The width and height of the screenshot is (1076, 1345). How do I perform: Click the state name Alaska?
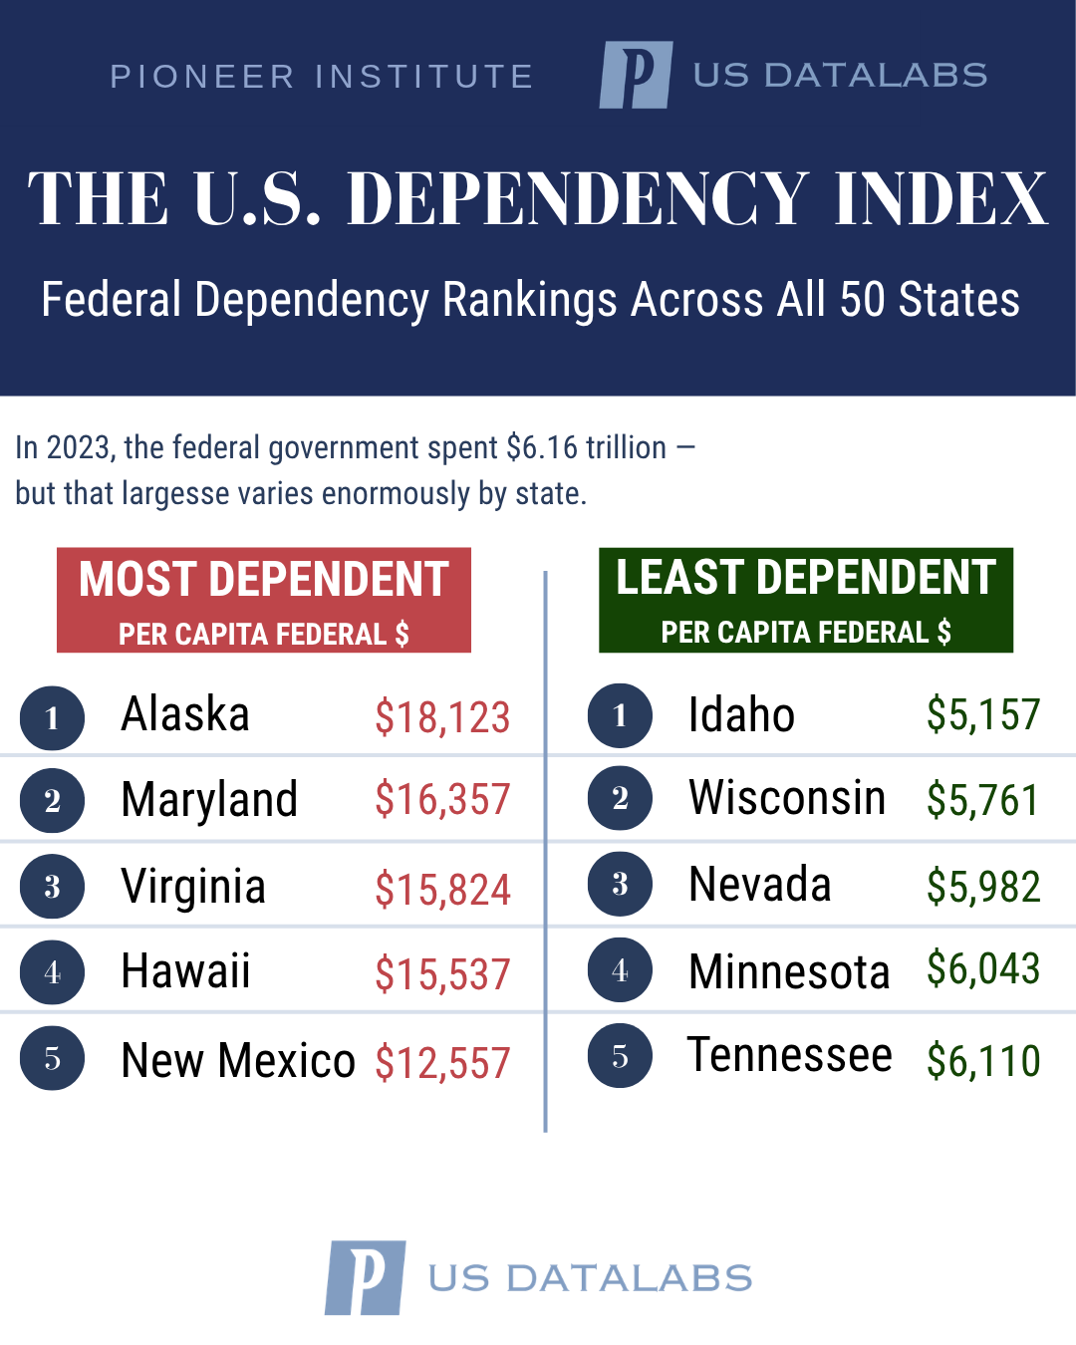[x=185, y=714]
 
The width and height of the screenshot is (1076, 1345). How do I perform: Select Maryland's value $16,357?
[x=442, y=800]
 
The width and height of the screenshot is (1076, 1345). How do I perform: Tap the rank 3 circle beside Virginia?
[x=52, y=886]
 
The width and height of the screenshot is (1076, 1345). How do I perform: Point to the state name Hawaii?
[x=185, y=971]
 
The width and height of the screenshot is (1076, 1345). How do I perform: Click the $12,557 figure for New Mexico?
[x=442, y=1063]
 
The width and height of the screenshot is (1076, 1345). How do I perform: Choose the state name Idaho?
[x=741, y=715]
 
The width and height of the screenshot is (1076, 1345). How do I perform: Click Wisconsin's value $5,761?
[x=982, y=800]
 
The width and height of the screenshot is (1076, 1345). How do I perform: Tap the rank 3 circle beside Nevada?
[x=620, y=884]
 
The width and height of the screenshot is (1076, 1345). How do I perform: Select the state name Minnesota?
[x=789, y=972]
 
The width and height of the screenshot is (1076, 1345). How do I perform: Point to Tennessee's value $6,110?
[x=982, y=1061]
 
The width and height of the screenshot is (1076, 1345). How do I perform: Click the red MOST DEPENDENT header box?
[x=264, y=600]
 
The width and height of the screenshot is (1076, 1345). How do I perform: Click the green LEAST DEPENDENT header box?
[x=805, y=600]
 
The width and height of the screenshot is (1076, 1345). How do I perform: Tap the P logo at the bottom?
[x=366, y=1277]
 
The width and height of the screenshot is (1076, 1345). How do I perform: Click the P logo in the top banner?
[x=636, y=75]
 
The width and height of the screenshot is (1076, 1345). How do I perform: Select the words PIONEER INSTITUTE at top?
[x=322, y=77]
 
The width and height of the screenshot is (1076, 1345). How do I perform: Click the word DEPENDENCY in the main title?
[x=577, y=198]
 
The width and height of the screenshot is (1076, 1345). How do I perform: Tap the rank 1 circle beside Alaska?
[x=52, y=717]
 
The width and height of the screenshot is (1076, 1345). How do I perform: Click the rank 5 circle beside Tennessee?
[x=620, y=1056]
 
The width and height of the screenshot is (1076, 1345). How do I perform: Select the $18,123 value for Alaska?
[x=442, y=717]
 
